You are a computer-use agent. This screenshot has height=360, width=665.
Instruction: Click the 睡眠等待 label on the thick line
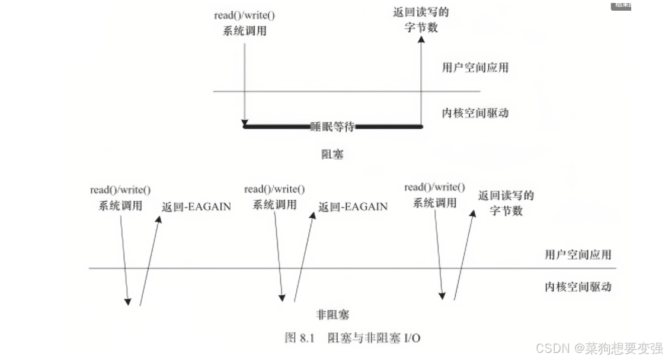(332, 126)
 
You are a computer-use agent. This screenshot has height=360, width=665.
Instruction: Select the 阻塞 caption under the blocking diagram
(332, 155)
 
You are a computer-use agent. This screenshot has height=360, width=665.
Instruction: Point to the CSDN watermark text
(599, 348)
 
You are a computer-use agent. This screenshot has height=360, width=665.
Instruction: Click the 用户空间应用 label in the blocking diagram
(475, 67)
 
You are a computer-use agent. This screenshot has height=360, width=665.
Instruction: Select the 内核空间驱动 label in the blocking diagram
(475, 113)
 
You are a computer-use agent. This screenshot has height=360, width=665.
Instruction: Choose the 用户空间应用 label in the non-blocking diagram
(577, 254)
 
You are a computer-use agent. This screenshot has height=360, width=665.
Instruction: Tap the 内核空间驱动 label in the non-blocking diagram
(577, 287)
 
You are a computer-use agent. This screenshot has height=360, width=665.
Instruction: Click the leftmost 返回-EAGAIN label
(196, 207)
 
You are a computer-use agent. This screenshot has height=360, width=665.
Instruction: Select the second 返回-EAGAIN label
(353, 207)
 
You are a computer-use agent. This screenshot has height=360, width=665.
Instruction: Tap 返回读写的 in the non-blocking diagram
(506, 196)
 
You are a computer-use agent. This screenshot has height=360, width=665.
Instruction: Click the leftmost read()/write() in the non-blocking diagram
(120, 190)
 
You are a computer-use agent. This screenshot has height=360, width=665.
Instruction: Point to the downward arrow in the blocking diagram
(244, 83)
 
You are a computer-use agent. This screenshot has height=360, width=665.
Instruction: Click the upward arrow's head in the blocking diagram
(421, 40)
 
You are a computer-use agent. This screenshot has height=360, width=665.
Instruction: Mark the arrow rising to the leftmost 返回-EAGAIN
(149, 261)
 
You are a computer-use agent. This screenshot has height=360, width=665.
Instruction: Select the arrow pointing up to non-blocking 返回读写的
(464, 255)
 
